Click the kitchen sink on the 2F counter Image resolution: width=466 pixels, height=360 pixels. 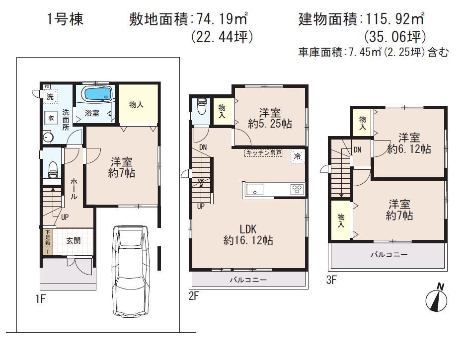coord(254,189)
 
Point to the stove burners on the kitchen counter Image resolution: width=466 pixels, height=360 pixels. coord(297,189)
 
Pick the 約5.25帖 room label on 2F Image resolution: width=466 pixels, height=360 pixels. coord(270,118)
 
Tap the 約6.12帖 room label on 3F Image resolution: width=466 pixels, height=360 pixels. coord(408,143)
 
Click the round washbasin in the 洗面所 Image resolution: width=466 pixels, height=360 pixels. coord(48,137)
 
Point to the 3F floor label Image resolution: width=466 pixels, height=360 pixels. coord(331,280)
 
